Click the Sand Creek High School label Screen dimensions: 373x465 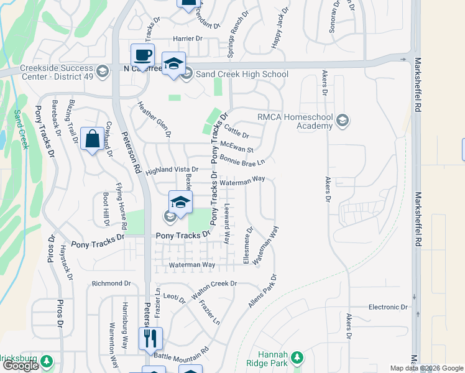point(242,74)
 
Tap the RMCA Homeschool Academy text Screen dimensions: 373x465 point(296,121)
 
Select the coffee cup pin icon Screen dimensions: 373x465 point(142,55)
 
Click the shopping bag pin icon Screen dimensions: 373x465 point(92,139)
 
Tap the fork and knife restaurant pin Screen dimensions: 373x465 point(150,339)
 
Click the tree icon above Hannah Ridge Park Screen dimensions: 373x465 point(297,357)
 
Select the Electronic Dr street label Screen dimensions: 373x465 point(387,307)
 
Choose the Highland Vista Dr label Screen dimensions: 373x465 point(172,169)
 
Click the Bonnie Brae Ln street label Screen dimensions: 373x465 point(242,160)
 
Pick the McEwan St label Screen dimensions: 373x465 point(237,149)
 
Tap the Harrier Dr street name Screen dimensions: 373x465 point(188,39)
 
